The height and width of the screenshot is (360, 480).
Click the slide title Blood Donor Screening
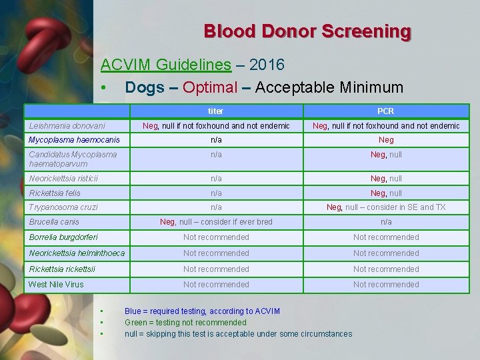[307, 31]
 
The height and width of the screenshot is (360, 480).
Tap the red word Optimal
[210, 87]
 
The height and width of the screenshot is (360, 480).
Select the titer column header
[215, 111]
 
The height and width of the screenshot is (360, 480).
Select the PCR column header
[386, 111]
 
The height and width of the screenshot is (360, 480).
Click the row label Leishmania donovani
[67, 125]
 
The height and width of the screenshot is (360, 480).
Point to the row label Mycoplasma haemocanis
[74, 140]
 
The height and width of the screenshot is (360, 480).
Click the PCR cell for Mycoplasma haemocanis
[386, 140]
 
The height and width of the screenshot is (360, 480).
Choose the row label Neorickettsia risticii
[63, 178]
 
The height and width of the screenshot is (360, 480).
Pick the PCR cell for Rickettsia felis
[386, 193]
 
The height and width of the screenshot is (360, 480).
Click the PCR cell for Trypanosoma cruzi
[386, 207]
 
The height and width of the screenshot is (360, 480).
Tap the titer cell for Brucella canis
[216, 222]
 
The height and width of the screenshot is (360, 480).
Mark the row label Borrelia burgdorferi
[63, 237]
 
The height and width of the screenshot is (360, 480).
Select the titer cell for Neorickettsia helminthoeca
[216, 253]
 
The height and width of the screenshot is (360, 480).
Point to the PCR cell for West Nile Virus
[386, 285]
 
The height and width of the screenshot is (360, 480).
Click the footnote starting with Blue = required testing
[202, 311]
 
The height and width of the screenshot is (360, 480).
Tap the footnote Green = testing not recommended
[185, 323]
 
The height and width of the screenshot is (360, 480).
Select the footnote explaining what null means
[238, 334]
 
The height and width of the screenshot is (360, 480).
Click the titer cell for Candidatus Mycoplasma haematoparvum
[216, 155]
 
